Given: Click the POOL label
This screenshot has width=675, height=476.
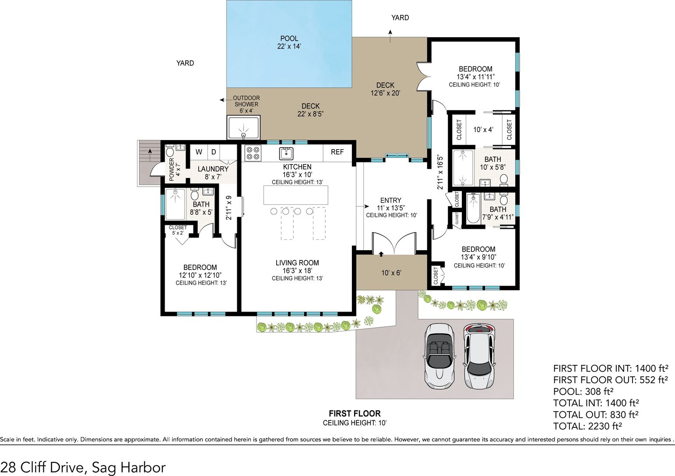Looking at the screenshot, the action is (x=289, y=38).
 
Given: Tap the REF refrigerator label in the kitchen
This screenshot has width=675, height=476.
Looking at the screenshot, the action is (x=337, y=152).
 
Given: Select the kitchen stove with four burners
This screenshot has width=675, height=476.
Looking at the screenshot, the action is (x=253, y=153).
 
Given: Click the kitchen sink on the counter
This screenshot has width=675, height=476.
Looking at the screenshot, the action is (x=286, y=154).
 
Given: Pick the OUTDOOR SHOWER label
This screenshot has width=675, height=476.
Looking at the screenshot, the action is (x=246, y=101).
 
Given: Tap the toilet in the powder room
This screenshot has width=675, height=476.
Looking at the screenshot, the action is (x=170, y=150).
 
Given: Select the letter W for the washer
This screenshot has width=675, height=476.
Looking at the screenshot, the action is (x=199, y=152).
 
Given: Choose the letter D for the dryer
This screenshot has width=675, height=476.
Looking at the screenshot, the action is (x=214, y=152).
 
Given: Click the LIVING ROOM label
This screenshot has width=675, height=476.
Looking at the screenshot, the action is (x=297, y=262).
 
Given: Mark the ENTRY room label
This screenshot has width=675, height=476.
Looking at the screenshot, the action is (x=390, y=200).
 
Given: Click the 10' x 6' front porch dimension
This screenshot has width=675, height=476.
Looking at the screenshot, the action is (x=391, y=273).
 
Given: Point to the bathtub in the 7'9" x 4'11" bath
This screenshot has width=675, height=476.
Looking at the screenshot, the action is (x=473, y=209).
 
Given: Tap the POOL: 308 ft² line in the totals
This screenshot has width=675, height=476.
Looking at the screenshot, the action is (x=584, y=392).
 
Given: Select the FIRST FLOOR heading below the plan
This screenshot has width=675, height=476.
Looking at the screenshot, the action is (x=355, y=413).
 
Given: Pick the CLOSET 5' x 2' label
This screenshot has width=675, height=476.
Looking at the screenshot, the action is (x=178, y=230).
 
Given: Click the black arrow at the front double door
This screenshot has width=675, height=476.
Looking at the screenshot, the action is (x=381, y=254).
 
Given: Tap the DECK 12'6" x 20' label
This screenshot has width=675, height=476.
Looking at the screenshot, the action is (x=385, y=89).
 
